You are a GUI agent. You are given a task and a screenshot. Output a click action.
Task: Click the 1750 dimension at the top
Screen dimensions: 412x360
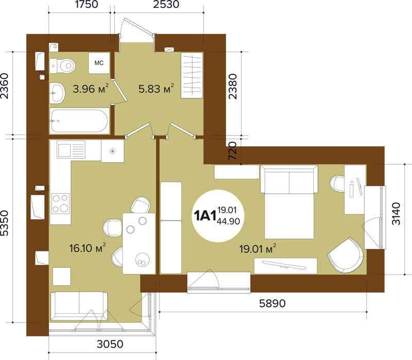point(87,4)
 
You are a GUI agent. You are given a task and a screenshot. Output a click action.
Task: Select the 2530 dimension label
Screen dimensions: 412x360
point(166,4)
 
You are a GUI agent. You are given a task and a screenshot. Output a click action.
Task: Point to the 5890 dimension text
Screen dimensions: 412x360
point(272,303)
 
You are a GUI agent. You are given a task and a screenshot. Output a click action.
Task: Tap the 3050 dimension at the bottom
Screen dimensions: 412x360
point(110,344)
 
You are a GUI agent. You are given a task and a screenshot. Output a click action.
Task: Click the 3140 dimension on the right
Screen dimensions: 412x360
point(396,214)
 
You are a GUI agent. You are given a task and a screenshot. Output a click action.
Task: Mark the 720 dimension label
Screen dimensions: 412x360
point(233,151)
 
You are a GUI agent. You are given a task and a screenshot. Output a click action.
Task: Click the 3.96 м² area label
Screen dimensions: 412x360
point(91,89)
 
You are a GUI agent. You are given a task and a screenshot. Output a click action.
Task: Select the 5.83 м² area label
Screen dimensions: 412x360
point(156,89)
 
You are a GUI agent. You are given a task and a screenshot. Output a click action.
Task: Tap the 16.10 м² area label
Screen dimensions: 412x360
point(88,248)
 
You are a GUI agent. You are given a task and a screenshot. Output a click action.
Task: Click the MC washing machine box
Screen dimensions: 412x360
point(99,63)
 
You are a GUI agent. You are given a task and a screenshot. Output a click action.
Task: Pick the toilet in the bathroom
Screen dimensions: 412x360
point(62,65)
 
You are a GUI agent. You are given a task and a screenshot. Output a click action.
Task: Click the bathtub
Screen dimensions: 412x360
point(79,121)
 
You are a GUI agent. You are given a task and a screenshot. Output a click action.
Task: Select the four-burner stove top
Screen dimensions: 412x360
point(60,203)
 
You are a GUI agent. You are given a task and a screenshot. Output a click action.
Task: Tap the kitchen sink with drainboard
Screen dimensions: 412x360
point(71,149)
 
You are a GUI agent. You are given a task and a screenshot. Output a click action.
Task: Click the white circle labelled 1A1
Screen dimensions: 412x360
point(217,216)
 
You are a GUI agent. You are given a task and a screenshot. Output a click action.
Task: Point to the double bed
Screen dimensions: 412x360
point(289,202)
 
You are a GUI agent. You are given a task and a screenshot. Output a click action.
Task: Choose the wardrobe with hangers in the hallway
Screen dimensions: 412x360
point(192,75)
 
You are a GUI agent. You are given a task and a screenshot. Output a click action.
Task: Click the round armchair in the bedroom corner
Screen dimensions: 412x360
point(346,255)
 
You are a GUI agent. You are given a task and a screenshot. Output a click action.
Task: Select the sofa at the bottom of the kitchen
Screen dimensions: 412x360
point(79,306)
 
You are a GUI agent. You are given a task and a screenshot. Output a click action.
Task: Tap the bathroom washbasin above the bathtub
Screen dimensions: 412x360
point(57,93)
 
